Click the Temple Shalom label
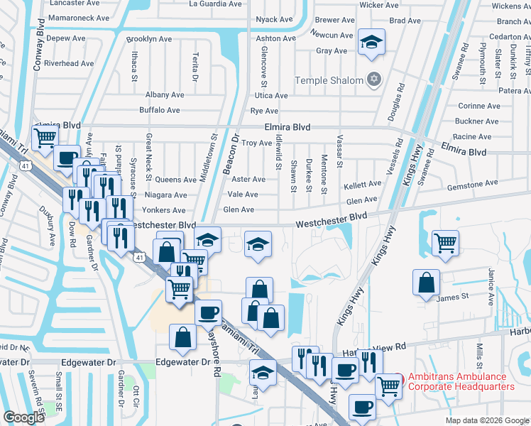(x=329, y=80)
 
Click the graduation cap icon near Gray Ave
(x=371, y=41)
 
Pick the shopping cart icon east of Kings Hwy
(x=445, y=243)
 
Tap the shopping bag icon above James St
(x=425, y=282)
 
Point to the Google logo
(x=23, y=417)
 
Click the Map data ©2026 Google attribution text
(x=486, y=420)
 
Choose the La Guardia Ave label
(x=217, y=4)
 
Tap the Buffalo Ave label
(x=160, y=110)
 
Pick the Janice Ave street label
(x=490, y=286)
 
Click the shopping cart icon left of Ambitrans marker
(x=388, y=386)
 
